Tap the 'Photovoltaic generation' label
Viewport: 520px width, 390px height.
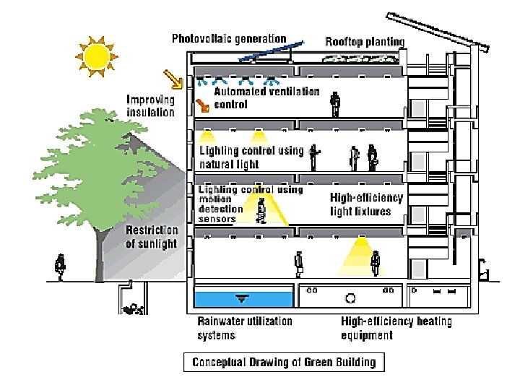click(228, 38)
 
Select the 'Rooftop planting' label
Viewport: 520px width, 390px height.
click(364, 41)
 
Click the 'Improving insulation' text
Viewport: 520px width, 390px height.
click(150, 105)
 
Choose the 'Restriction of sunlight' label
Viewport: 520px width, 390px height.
click(152, 236)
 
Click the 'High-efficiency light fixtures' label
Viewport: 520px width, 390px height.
click(366, 204)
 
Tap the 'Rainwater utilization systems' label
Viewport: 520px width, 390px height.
click(245, 328)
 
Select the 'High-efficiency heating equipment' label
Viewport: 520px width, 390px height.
click(396, 328)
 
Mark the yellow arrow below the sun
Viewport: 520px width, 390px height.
click(173, 77)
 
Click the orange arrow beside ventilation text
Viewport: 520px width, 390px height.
click(203, 106)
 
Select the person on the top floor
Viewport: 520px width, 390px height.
click(334, 103)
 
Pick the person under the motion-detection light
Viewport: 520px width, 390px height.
click(262, 210)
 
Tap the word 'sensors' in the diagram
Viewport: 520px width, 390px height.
click(217, 219)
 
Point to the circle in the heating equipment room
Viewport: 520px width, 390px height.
click(351, 297)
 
